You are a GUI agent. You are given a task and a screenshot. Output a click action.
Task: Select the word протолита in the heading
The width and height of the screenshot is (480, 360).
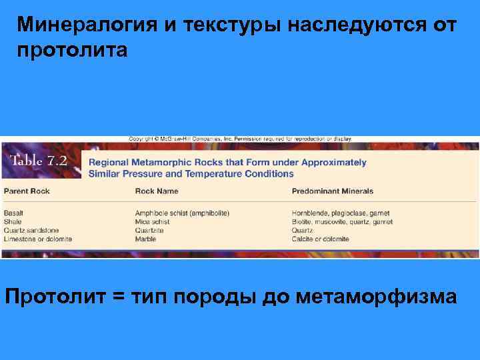(73, 51)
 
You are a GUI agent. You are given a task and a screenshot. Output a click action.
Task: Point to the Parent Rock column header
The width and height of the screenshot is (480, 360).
(27, 191)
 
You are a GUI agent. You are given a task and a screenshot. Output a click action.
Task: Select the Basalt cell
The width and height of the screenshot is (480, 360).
(13, 213)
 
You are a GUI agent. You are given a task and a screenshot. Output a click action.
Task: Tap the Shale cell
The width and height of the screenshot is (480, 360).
(13, 222)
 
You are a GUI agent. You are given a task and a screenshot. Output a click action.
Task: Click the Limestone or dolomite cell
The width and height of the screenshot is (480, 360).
(38, 239)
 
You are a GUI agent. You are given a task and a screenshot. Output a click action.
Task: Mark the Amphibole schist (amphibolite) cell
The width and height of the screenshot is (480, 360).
(182, 213)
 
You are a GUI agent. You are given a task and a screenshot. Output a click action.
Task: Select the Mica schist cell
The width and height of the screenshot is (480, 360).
(153, 222)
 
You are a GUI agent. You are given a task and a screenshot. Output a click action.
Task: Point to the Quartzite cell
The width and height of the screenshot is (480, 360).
(149, 231)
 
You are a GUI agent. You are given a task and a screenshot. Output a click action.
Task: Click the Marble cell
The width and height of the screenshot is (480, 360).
(146, 239)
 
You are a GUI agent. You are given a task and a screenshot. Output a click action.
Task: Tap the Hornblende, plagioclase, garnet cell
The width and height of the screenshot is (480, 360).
(340, 213)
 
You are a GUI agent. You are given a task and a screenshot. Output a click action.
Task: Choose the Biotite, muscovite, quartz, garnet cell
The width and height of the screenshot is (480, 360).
(342, 222)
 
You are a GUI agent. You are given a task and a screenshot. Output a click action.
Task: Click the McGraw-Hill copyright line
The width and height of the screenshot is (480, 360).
(240, 139)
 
